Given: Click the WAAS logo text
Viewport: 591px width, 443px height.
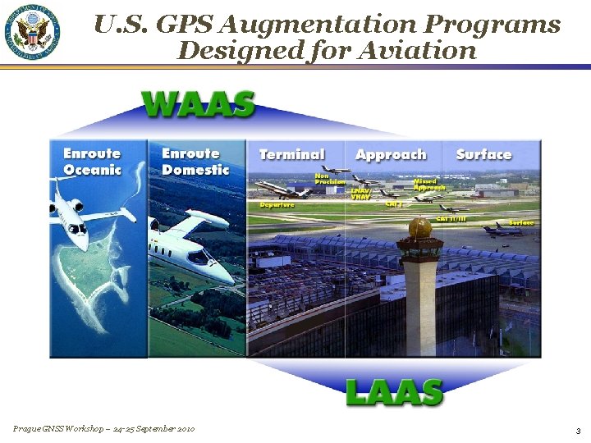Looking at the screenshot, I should click(198, 104).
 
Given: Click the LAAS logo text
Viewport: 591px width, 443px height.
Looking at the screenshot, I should click(394, 392).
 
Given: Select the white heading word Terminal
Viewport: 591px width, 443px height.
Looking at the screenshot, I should click(291, 154).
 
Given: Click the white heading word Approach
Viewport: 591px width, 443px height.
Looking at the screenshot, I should click(391, 154).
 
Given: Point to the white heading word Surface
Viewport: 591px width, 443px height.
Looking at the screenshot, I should click(483, 154).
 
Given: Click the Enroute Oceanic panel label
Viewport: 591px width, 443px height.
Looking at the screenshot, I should click(92, 162).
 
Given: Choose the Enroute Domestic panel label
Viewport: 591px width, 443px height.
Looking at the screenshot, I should click(195, 162).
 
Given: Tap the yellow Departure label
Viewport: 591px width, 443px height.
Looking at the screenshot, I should click(277, 204).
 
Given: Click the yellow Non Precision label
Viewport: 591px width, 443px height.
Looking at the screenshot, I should click(330, 178).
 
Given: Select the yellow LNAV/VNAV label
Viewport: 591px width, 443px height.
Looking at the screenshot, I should click(361, 194).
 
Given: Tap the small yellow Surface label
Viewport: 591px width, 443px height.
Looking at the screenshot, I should click(521, 222).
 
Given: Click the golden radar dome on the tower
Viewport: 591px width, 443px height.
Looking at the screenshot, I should click(419, 228).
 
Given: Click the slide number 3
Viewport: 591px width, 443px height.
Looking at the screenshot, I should click(578, 431).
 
